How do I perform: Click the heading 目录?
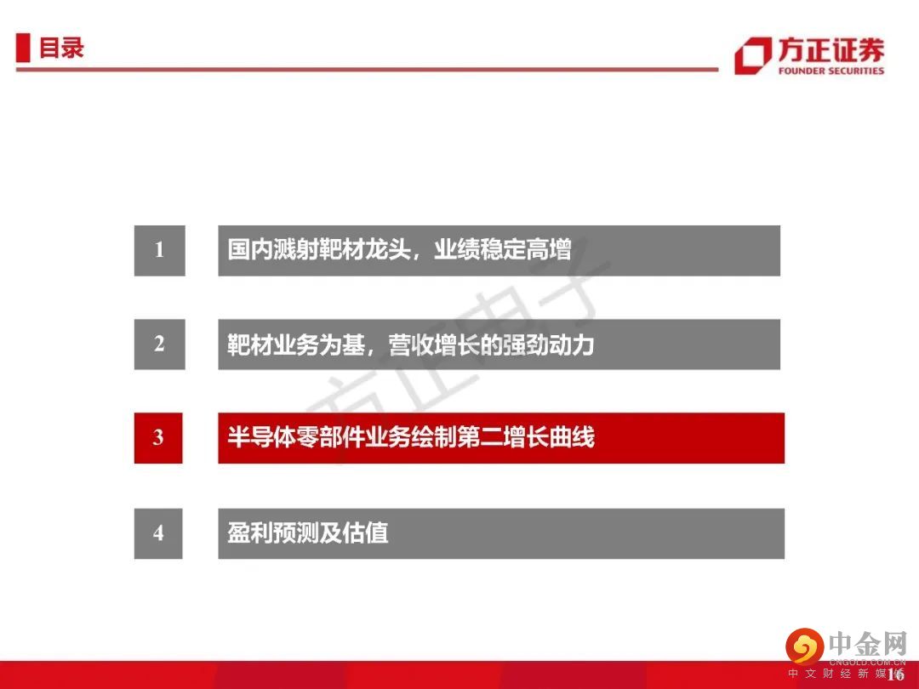[61, 48]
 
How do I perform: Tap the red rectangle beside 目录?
[23, 48]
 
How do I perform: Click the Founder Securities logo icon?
[752, 55]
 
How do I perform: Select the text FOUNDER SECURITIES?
[831, 71]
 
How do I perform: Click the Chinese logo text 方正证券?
[831, 50]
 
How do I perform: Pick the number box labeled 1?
[159, 250]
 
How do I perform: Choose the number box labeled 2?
[159, 344]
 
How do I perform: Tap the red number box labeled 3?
[158, 438]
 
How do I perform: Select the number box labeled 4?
[158, 533]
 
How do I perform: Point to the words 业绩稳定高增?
[502, 249]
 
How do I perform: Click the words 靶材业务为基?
[296, 344]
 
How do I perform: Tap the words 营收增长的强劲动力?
[491, 344]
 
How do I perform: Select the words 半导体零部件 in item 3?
[296, 438]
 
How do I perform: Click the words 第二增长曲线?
[526, 438]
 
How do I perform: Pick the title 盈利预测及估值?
[308, 533]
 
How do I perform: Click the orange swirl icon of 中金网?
[805, 646]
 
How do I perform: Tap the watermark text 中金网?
[868, 644]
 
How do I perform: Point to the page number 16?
[895, 674]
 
